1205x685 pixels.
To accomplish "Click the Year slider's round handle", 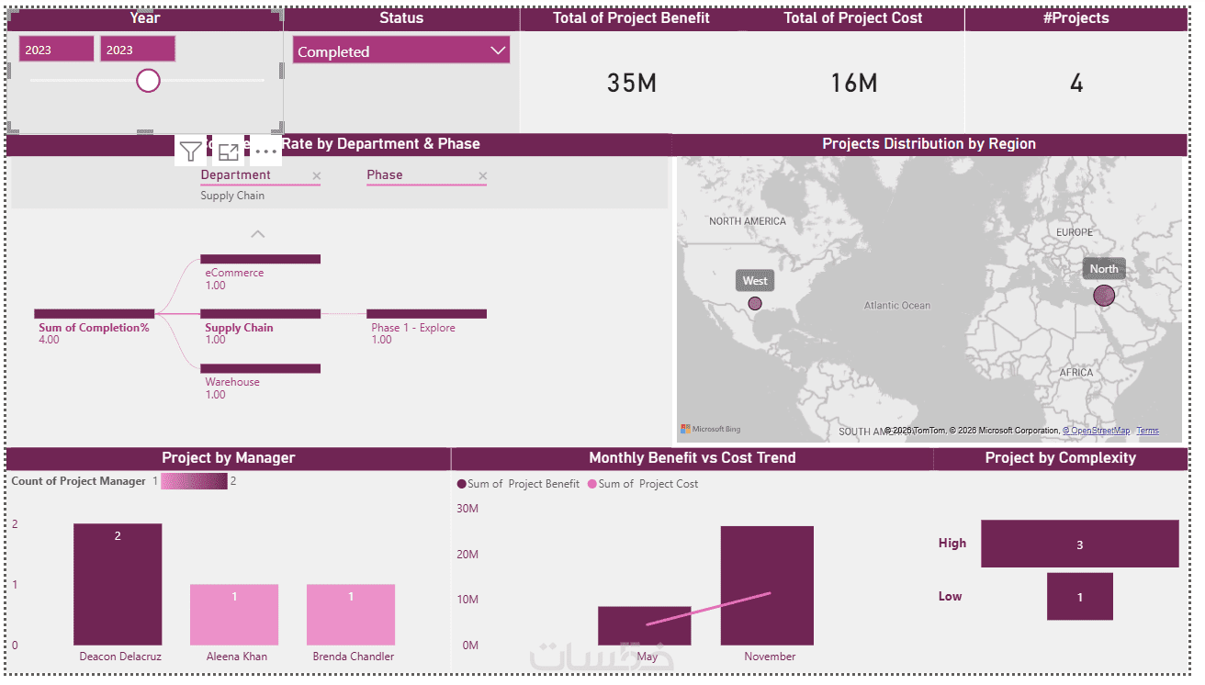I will [148, 81].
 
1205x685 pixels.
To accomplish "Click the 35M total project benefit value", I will [632, 84].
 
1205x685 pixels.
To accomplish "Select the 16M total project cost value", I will [853, 84].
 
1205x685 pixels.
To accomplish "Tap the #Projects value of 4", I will [1076, 84].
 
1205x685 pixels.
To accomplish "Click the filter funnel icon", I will [190, 152].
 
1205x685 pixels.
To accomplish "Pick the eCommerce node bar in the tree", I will [260, 259].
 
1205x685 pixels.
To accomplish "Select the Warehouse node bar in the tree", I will [260, 368].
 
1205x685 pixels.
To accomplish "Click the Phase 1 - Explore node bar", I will [426, 314].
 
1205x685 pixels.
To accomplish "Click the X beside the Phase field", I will [483, 175].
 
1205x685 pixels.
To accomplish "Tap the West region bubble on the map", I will [755, 303].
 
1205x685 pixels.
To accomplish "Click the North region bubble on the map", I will [1104, 296].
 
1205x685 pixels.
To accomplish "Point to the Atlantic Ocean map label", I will [896, 306].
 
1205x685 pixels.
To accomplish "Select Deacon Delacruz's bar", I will [118, 584].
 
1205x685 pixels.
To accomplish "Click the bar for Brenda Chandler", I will [351, 614].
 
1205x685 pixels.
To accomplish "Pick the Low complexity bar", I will [1079, 597].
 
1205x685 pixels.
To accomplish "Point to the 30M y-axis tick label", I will [467, 509].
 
